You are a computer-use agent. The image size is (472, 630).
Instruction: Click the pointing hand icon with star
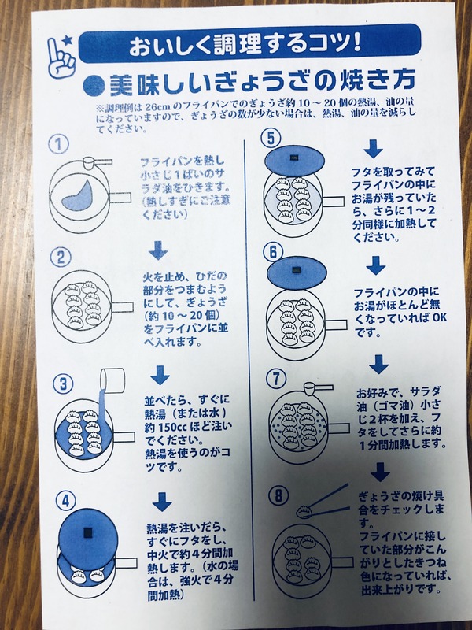click(61, 57)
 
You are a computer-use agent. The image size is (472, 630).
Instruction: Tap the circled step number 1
click(59, 144)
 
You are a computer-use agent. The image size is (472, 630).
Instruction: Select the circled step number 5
click(271, 138)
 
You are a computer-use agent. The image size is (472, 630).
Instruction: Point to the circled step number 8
click(278, 496)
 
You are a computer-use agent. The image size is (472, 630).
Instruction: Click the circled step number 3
click(64, 384)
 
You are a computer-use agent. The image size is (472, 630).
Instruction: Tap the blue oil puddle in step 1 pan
click(78, 195)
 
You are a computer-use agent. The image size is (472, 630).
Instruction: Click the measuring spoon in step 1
click(97, 162)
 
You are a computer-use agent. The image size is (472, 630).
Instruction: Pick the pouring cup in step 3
click(112, 379)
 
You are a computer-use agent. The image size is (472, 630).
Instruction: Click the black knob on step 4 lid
click(87, 533)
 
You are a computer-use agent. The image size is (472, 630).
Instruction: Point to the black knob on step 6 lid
click(297, 270)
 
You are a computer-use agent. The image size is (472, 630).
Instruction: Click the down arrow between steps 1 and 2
click(158, 250)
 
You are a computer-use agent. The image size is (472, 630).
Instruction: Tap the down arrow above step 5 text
click(373, 149)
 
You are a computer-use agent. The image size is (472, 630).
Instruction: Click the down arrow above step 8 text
click(380, 472)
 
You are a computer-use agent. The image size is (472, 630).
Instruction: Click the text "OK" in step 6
click(439, 317)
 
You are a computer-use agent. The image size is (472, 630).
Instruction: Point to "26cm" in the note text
click(160, 107)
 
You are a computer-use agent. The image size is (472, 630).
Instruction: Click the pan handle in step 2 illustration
click(122, 307)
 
